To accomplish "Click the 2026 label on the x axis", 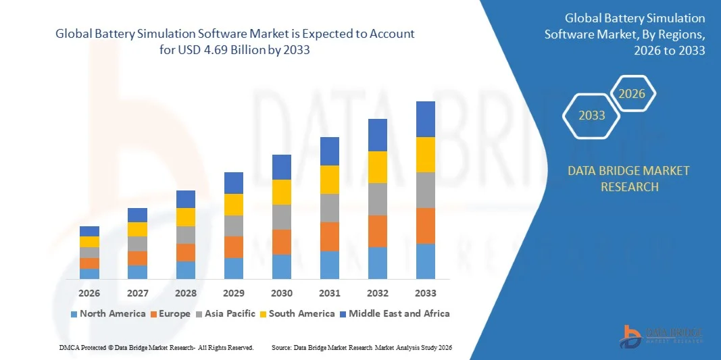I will point(89,293).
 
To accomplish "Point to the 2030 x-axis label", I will point(282,293).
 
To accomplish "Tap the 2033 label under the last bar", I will point(426,293).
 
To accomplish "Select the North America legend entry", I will point(108,313).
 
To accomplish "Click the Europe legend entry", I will point(171,313).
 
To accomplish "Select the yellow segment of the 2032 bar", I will point(378,167).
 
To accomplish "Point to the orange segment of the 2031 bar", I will point(330,236).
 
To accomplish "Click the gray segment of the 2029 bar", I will point(234,226).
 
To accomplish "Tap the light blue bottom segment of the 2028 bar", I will point(186,270).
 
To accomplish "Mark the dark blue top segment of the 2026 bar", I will point(89,231).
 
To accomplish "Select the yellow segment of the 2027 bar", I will point(137,229).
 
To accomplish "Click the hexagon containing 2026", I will point(632,94).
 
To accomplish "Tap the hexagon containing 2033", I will point(592,115).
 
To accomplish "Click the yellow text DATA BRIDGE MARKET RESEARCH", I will point(629,178).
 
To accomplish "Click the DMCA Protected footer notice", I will point(156,347).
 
